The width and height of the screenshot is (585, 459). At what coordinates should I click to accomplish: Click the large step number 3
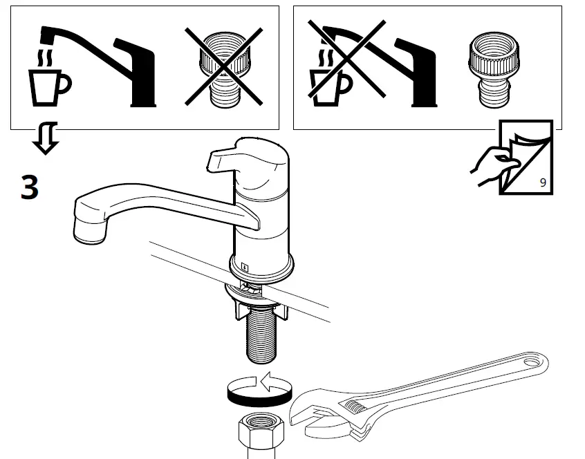29,187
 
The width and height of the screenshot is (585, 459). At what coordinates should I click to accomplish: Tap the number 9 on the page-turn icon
542,182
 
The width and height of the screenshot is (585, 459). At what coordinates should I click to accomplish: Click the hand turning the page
492,162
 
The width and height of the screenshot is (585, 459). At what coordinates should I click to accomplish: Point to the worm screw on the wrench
359,407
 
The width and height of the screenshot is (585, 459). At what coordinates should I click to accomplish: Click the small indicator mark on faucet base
245,263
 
